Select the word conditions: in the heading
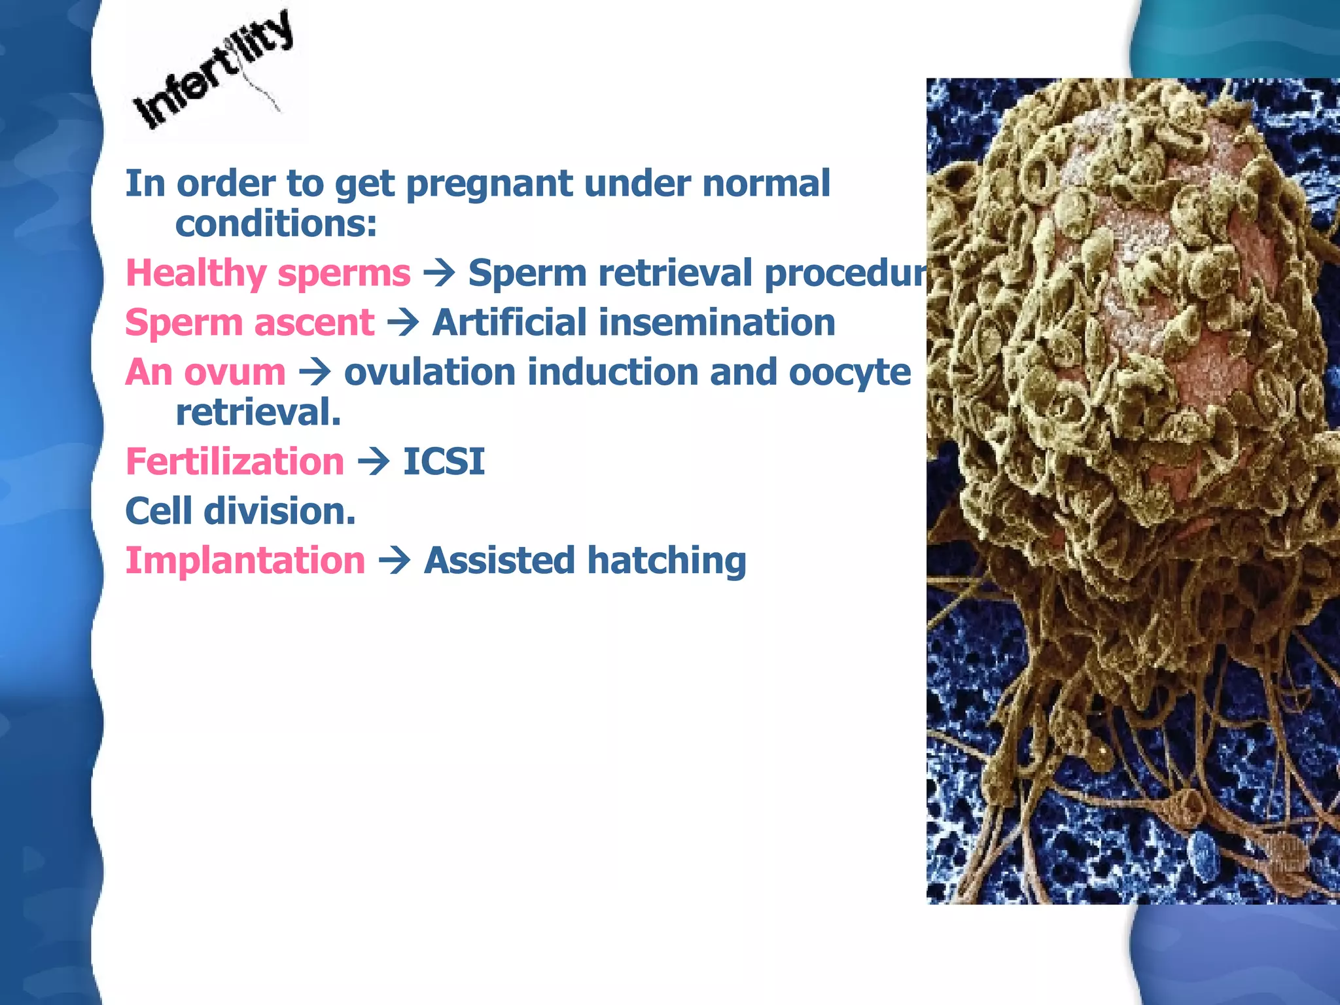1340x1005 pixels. [276, 224]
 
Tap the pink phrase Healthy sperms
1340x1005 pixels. [268, 273]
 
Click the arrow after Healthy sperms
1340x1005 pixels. [439, 273]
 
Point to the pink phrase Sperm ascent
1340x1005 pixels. [249, 323]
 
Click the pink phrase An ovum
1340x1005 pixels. [205, 373]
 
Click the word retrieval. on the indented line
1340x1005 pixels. [258, 414]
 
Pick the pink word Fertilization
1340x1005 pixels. [234, 462]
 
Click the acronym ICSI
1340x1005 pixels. [444, 462]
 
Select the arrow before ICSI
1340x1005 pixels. [374, 462]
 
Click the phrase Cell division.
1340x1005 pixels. [240, 512]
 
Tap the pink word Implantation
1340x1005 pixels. [245, 561]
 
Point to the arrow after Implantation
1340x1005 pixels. [395, 561]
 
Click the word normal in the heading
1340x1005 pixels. [766, 184]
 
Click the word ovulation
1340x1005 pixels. [430, 373]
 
